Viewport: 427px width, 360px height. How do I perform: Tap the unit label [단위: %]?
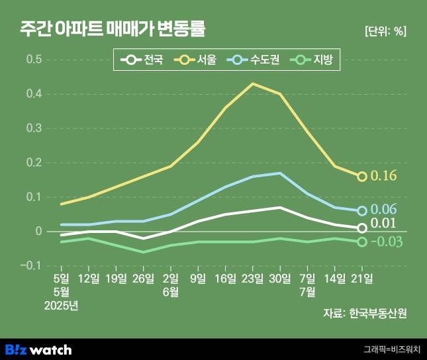point(386,31)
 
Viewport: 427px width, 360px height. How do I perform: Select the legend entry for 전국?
point(142,61)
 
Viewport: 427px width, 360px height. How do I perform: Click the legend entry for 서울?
point(197,61)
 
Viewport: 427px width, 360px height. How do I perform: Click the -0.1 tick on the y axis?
point(32,265)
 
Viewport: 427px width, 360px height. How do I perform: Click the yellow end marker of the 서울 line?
point(362,177)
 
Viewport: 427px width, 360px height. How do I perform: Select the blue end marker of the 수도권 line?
point(362,210)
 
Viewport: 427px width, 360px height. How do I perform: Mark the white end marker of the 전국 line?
point(362,228)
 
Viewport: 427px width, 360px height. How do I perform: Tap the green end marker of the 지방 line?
point(362,242)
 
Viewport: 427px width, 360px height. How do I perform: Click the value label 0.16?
point(383,176)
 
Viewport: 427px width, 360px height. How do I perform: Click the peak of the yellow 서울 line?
point(252,83)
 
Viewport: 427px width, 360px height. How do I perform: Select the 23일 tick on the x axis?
point(252,278)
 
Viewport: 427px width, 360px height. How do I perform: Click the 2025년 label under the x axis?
point(61,304)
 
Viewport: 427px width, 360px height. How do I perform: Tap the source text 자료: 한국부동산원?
point(365,313)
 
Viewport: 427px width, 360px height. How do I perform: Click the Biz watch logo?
point(38,349)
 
